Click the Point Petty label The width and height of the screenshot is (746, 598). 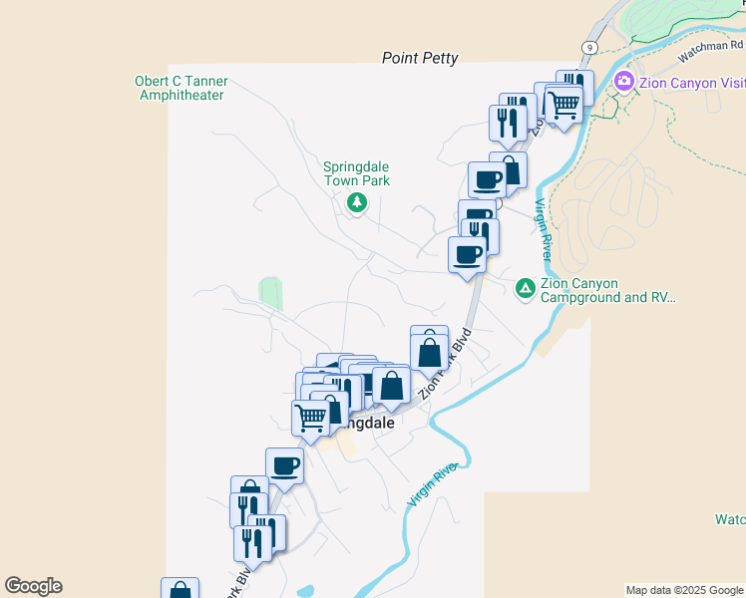click(420, 59)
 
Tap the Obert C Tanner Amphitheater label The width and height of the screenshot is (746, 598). click(181, 88)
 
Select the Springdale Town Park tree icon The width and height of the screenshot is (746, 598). click(356, 203)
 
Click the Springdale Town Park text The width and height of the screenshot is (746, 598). click(356, 174)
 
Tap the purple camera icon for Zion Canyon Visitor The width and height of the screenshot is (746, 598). click(625, 82)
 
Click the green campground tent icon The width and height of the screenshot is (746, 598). click(525, 289)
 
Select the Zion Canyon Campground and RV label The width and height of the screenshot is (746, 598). click(607, 290)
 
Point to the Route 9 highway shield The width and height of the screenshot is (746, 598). click(590, 47)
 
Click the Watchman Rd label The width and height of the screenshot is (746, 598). click(709, 45)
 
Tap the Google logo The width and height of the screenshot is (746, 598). click(33, 586)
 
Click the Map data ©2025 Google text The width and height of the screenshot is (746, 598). click(684, 590)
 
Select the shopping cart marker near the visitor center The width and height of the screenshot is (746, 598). click(564, 103)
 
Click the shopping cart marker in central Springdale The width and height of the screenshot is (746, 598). click(310, 417)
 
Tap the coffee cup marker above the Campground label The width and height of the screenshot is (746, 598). click(467, 255)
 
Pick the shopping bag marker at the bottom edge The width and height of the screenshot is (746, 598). click(180, 590)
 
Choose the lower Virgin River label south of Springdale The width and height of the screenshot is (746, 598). click(432, 485)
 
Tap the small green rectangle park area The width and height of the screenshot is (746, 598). click(270, 293)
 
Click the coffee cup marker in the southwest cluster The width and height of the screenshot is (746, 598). click(284, 464)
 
